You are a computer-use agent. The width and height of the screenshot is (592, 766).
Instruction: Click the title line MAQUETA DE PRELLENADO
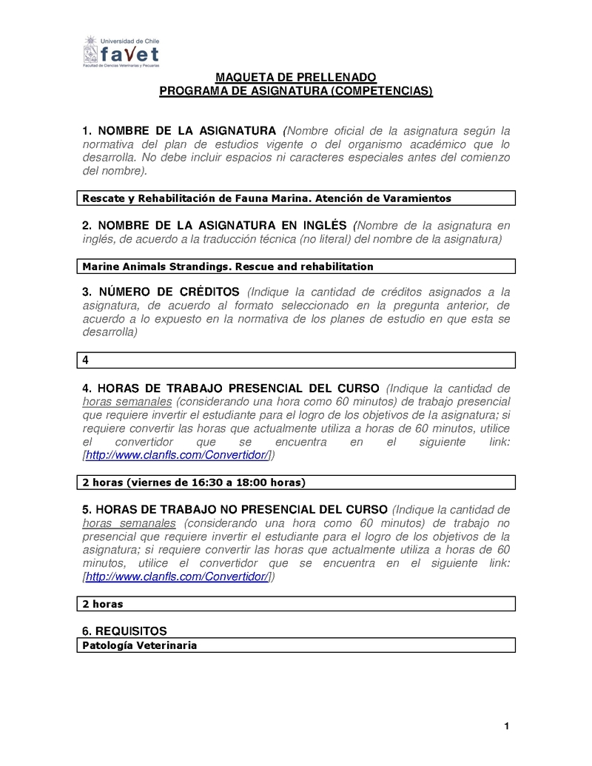coord(295,78)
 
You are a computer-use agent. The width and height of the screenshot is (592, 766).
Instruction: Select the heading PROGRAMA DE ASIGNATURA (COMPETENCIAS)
coord(296,91)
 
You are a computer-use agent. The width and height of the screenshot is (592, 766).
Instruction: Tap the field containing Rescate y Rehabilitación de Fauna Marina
coord(297,198)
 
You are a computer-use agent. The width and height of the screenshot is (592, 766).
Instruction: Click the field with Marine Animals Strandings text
coord(297,266)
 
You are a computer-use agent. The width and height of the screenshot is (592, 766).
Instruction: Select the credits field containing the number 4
coord(297,360)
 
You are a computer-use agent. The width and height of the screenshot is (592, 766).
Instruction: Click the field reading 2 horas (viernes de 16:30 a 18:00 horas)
coord(297,483)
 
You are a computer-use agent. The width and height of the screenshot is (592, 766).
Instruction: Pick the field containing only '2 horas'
coord(297,604)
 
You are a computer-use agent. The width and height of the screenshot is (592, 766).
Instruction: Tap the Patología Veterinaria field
coord(297,645)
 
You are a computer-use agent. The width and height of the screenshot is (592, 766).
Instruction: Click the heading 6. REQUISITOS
coord(124,631)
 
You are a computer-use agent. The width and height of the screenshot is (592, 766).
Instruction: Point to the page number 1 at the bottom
coord(507,727)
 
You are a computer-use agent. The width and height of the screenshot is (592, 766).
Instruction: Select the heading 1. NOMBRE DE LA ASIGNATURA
coord(178,130)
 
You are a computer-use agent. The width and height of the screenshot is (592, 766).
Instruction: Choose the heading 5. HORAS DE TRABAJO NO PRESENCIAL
coord(234,510)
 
